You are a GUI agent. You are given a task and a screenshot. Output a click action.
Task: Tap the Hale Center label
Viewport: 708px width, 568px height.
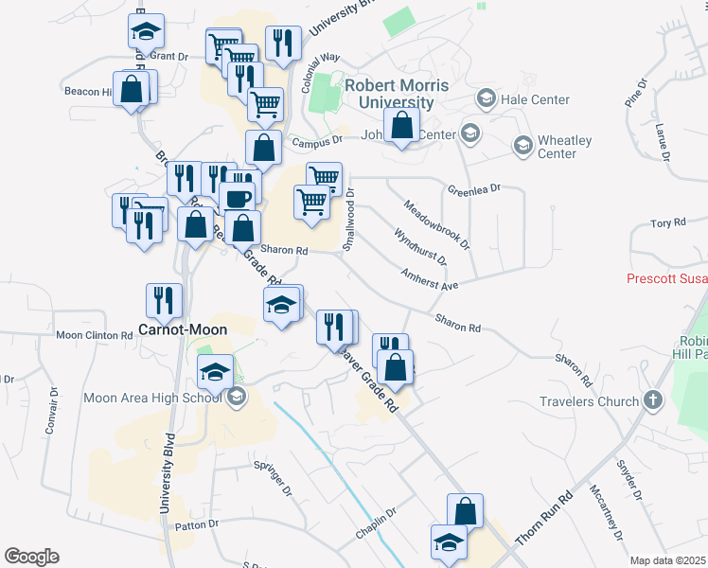click(x=536, y=99)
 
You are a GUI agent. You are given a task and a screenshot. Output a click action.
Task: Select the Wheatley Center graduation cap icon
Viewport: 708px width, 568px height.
click(x=522, y=146)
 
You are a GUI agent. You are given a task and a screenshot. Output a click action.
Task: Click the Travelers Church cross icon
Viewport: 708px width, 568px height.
click(x=653, y=400)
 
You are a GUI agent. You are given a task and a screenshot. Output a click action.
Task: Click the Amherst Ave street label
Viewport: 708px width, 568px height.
click(x=429, y=281)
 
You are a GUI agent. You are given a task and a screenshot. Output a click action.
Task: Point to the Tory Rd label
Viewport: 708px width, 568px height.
click(x=667, y=222)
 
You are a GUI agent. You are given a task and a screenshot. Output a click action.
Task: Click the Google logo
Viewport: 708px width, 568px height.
click(x=31, y=557)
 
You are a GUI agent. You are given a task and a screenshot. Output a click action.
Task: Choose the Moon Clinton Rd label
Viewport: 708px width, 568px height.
click(x=95, y=335)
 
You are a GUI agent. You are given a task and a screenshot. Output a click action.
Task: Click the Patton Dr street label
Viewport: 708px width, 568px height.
click(x=197, y=524)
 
